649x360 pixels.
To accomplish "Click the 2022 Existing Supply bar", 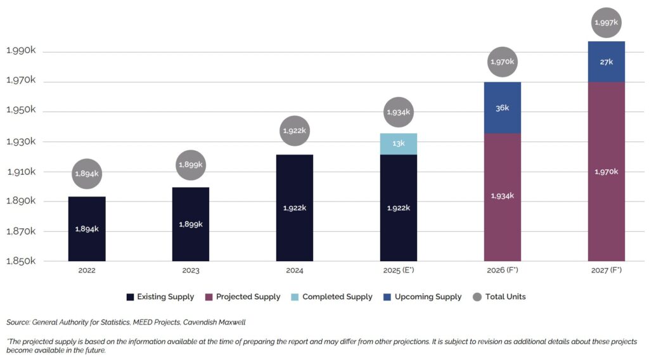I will pyautogui.click(x=87, y=229).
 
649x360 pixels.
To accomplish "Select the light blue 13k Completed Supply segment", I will pyautogui.click(x=399, y=144).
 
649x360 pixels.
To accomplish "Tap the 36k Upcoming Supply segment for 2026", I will pyautogui.click(x=503, y=108).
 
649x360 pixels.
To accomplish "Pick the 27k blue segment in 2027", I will pyautogui.click(x=607, y=61).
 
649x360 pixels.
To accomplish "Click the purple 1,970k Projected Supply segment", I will pyautogui.click(x=607, y=171).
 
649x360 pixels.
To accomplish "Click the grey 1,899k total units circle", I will pyautogui.click(x=191, y=165).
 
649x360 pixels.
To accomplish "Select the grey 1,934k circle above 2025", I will pyautogui.click(x=399, y=112).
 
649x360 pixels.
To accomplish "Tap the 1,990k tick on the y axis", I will pyautogui.click(x=20, y=51).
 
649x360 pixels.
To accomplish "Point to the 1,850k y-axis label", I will pyautogui.click(x=20, y=261).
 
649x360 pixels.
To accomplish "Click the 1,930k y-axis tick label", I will pyautogui.click(x=20, y=141).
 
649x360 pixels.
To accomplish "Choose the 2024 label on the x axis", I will pyautogui.click(x=295, y=271).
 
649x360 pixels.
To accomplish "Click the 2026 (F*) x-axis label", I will pyautogui.click(x=503, y=271).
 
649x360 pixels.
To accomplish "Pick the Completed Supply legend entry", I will pyautogui.click(x=331, y=297).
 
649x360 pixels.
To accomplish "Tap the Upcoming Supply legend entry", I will pyautogui.click(x=423, y=297).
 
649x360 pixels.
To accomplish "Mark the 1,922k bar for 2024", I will pyautogui.click(x=295, y=208).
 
